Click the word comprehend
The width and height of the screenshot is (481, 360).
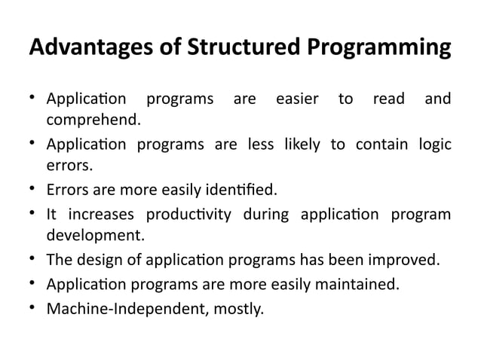[x=93, y=120]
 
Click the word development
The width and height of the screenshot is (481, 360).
[x=95, y=235]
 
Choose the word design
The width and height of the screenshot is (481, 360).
[x=103, y=261]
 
